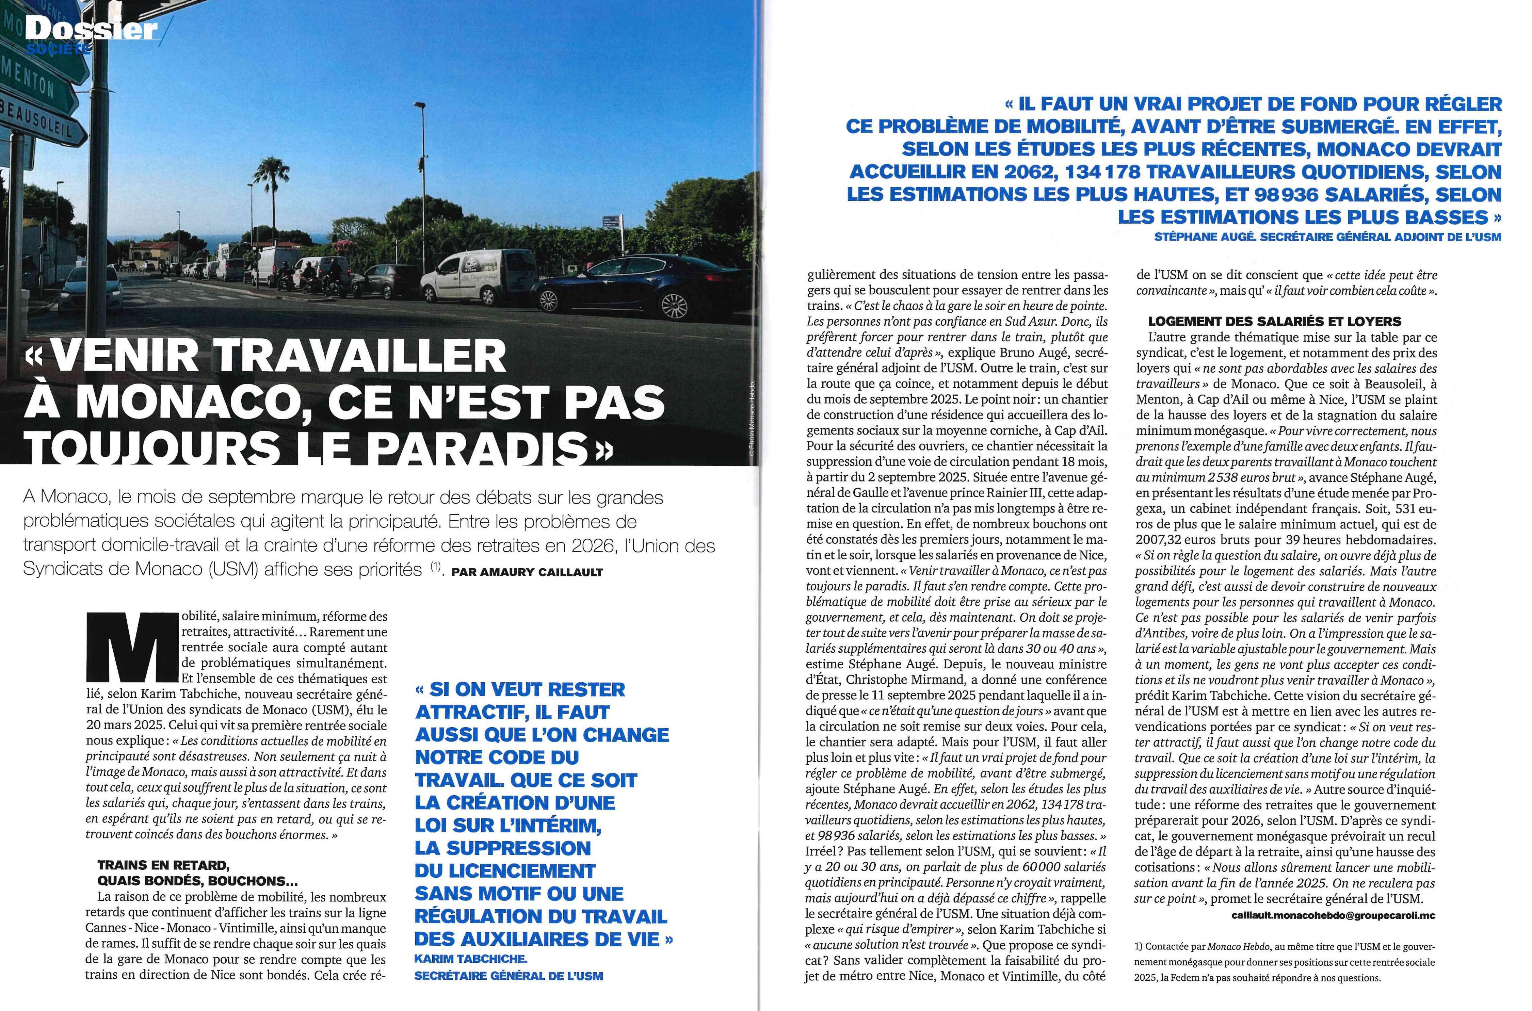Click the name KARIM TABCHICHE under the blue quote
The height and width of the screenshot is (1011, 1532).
(x=471, y=959)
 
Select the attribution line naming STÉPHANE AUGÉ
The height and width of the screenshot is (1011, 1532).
(x=1327, y=237)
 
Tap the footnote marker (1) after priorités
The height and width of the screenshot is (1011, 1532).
(x=436, y=567)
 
